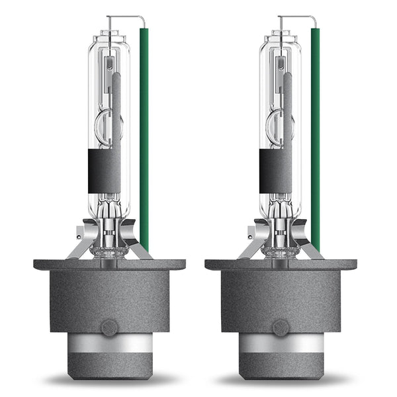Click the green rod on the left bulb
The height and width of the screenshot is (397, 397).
coord(144,132)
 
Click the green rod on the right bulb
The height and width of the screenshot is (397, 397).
coord(316,132)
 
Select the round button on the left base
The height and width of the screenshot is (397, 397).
coord(109,327)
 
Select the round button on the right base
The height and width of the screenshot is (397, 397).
coord(281,327)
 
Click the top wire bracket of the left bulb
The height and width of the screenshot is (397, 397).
coord(126,17)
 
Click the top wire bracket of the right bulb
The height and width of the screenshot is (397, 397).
coord(297,17)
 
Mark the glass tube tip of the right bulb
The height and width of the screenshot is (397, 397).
coord(282,33)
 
